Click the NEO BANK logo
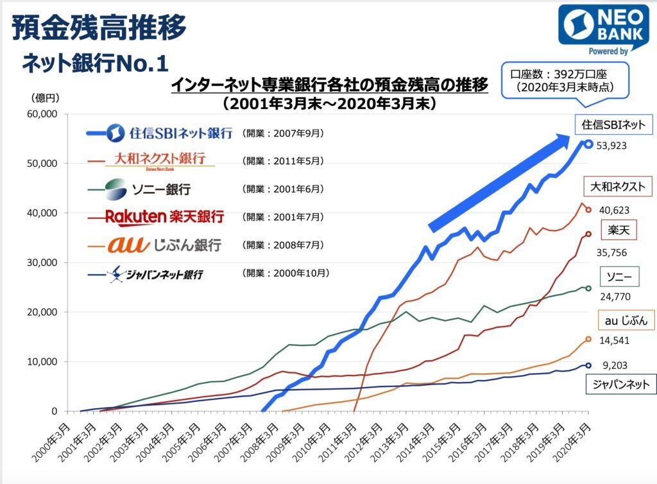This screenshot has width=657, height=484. point(603,29)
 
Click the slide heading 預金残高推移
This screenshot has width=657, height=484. point(99,27)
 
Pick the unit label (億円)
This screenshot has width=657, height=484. point(44,98)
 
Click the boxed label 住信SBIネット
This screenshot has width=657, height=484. point(613,125)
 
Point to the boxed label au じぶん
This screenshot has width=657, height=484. point(626,320)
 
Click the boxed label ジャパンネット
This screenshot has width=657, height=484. point(620,385)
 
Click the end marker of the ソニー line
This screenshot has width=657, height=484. point(588,288)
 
